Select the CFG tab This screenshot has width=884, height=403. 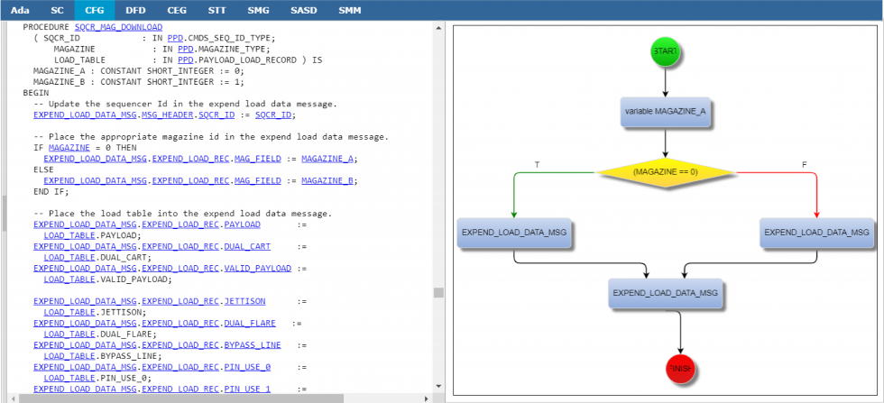(94, 10)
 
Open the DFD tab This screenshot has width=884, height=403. (135, 10)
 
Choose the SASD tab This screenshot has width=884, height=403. (303, 10)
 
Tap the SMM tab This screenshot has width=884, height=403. (350, 10)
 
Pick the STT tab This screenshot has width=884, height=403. (216, 10)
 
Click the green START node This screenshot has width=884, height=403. (665, 51)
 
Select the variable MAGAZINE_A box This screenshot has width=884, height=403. (665, 112)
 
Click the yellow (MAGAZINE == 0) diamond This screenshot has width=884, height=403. (665, 171)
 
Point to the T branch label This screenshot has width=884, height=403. (538, 165)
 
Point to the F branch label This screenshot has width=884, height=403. (804, 165)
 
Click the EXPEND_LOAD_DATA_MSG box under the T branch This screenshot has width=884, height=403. (514, 233)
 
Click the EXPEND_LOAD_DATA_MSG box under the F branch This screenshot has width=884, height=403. (816, 233)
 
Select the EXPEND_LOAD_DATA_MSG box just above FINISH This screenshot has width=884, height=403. (665, 293)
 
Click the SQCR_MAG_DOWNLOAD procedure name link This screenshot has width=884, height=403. (118, 27)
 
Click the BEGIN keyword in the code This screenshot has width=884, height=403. (36, 93)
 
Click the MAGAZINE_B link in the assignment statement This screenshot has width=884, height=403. (328, 180)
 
